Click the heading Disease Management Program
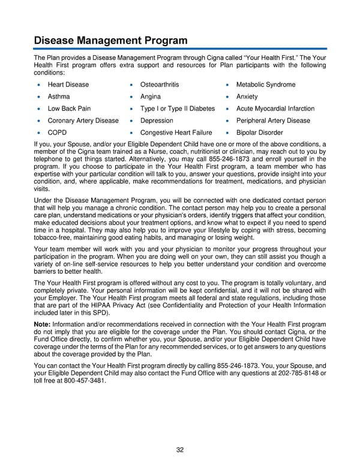click(x=110, y=40)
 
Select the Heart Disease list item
click(x=68, y=85)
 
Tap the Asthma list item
click(x=59, y=97)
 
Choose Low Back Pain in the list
click(x=69, y=109)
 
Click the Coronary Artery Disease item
click(x=83, y=121)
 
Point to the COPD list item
click(x=58, y=133)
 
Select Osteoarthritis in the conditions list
click(x=159, y=85)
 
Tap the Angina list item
click(x=150, y=97)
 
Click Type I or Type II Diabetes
click(x=177, y=109)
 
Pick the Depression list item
click(x=157, y=121)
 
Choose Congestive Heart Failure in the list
click(x=176, y=133)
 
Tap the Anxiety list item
click(x=247, y=97)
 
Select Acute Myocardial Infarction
click(x=275, y=109)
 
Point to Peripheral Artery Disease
click(x=273, y=121)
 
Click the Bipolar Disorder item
click(x=259, y=133)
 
